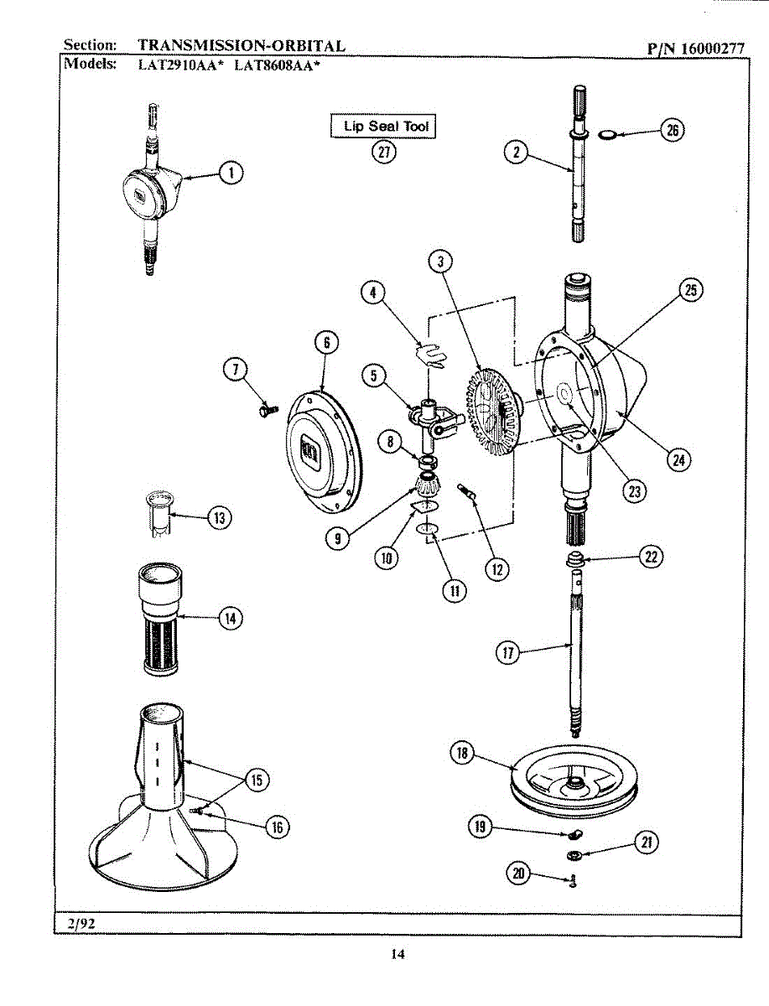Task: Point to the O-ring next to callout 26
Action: click(610, 133)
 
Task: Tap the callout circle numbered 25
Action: click(690, 290)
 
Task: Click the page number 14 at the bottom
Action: click(397, 954)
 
